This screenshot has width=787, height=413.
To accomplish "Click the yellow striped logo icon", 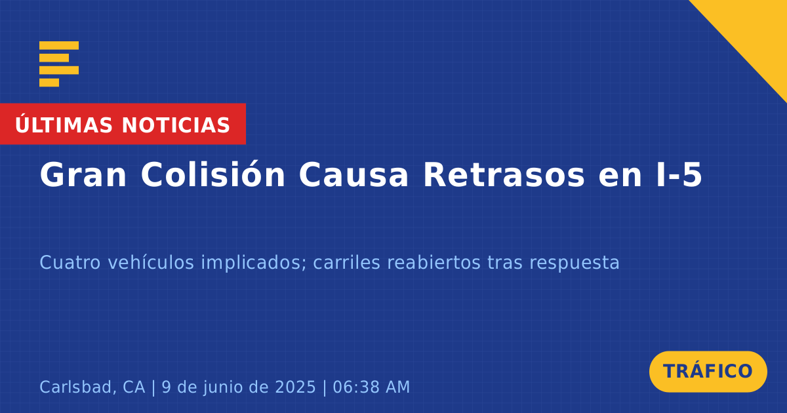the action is pos(59,64).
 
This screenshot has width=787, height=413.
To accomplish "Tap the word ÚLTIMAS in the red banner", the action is pos(64,125).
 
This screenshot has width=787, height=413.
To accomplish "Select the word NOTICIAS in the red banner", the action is pos(176,125).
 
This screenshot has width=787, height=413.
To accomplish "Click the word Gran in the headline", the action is pos(83,174).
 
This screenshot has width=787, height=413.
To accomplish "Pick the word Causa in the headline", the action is pos(353,174).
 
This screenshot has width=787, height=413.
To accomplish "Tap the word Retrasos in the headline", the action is pos(504,174).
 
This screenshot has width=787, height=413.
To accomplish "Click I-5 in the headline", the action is pos(679,174).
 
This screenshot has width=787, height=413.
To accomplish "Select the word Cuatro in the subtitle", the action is pos(70,263).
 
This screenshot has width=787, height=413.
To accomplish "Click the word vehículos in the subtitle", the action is pos(151,262).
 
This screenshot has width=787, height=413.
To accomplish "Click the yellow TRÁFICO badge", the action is pos(708,372).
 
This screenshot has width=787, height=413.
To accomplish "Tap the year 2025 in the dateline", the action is pos(295,387).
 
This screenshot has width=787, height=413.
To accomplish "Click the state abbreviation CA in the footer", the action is pos(134,387).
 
